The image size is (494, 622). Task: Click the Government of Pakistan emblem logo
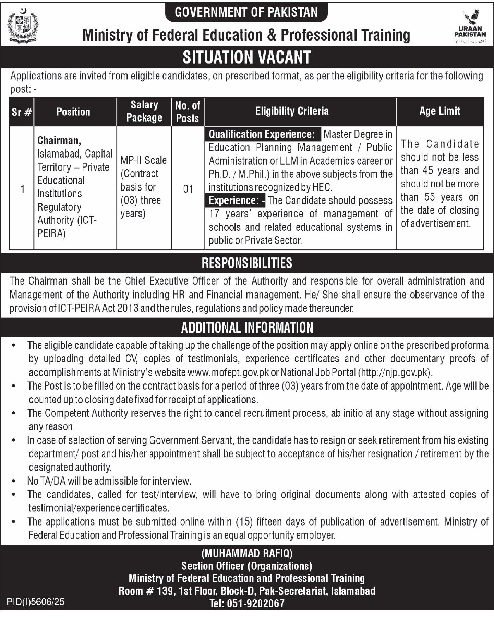point(23,27)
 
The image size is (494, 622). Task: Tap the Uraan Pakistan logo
point(470,27)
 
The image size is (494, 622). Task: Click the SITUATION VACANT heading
point(246,57)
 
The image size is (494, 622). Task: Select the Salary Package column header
point(144,111)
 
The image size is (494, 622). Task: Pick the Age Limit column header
point(440,111)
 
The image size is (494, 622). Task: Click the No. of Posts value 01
point(188,189)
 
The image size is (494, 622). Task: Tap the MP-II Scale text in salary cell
point(143,160)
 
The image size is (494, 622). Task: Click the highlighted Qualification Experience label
point(262,134)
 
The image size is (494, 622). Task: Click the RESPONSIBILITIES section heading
point(246,263)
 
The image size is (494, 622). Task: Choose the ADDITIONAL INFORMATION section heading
point(246,327)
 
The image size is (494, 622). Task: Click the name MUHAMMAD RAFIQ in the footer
point(247,553)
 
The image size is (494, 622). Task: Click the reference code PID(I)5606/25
point(36,602)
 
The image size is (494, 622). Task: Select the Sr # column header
point(22,112)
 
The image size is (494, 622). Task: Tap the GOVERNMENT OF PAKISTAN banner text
point(246,12)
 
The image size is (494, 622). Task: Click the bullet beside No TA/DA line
point(14,481)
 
